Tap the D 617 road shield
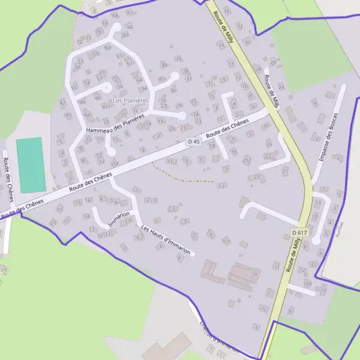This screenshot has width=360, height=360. coord(299,232)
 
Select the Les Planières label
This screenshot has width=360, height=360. coord(126,100)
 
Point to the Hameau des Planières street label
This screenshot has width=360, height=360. coord(116,122)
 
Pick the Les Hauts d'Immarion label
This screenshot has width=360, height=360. coord(166,240)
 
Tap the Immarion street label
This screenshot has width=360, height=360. coord(119,219)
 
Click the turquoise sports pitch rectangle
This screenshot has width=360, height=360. coord(31,164)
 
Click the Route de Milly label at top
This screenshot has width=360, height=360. coord(221,23)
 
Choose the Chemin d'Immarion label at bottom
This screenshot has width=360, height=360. coord(220,338)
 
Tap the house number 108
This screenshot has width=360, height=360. coord(308,283)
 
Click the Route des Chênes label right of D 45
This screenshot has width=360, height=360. coord(227,127)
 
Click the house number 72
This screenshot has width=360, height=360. coord(79,41)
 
